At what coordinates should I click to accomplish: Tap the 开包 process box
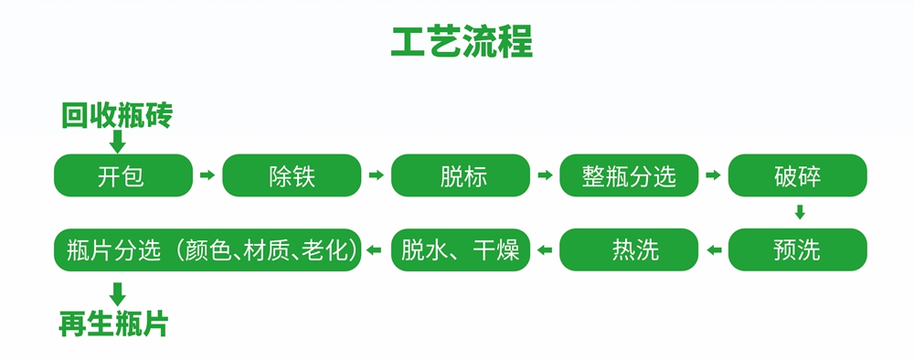pos(122,175)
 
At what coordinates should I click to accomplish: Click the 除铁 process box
pos(292,175)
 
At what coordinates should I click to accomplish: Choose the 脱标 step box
pos(461,175)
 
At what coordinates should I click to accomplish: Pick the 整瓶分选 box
pos(629,175)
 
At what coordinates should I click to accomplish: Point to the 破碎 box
pos(797,175)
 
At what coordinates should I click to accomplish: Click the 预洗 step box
pos(797,249)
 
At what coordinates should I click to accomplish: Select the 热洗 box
pos(629,249)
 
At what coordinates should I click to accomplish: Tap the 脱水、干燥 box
pos(461,249)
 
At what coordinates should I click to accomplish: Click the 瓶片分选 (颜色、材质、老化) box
pos(207,249)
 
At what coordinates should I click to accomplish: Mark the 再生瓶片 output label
pos(114,323)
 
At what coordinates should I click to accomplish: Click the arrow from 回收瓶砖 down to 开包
pos(117,142)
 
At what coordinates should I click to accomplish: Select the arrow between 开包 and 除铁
pos(207,175)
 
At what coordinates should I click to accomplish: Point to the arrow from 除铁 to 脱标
pos(376,175)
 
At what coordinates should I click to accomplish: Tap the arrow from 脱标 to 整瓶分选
pos(545,175)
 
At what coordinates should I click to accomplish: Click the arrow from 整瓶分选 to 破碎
pos(713,175)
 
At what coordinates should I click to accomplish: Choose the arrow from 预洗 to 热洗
pos(713,249)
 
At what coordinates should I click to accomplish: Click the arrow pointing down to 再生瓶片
pos(117,293)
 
